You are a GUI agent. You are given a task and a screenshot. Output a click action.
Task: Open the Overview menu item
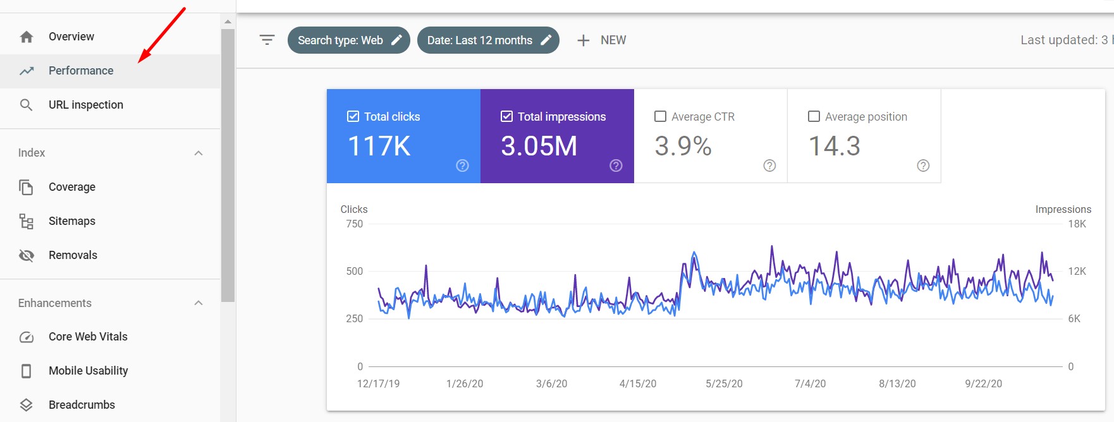(71, 37)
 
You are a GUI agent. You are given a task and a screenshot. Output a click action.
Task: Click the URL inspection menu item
(85, 105)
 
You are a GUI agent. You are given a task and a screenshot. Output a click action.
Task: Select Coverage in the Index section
(71, 187)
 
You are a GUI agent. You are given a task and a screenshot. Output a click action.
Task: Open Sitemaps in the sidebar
(71, 221)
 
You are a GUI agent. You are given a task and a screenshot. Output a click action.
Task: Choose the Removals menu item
(73, 255)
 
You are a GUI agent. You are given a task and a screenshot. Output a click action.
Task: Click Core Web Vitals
(88, 337)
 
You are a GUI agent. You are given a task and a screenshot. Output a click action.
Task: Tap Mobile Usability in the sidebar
(88, 371)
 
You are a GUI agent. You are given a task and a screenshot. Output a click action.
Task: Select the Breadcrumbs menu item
(82, 405)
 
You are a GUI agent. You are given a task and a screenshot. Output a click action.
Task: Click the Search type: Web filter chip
(348, 40)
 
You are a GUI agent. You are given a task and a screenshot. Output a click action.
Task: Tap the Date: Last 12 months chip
(487, 40)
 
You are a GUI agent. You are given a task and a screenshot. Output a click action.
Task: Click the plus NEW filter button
(601, 40)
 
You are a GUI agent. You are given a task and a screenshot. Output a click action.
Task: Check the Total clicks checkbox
(353, 116)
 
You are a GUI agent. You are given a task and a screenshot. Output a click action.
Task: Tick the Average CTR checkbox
(660, 116)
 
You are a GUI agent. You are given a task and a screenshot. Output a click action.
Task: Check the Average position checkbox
(814, 116)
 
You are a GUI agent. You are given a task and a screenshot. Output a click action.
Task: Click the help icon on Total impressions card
(616, 166)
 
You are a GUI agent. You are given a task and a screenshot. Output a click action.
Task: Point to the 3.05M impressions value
(539, 147)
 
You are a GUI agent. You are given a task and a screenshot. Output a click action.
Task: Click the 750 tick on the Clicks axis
(355, 224)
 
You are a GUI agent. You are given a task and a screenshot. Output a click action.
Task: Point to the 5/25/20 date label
(724, 383)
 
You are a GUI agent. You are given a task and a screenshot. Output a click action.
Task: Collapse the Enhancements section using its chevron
(199, 303)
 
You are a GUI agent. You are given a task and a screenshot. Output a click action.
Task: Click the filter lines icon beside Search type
(267, 40)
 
